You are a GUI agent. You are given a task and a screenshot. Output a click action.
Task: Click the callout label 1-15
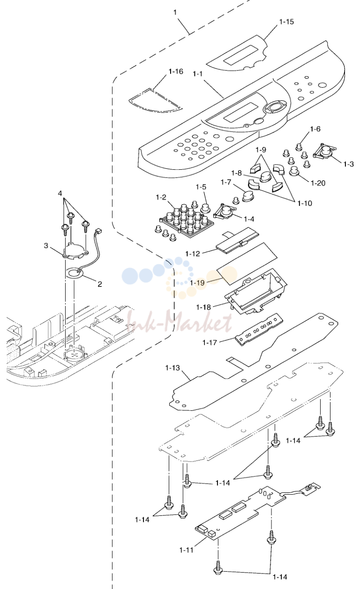pyautogui.click(x=286, y=22)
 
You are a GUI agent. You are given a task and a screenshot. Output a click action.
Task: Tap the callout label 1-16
pyautogui.click(x=176, y=71)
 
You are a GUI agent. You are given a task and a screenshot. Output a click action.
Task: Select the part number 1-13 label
pyautogui.click(x=172, y=368)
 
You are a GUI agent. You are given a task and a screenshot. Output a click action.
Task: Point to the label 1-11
pyautogui.click(x=186, y=550)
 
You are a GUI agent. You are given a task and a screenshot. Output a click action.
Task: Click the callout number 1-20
pyautogui.click(x=318, y=183)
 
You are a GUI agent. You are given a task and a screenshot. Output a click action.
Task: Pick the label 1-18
pyautogui.click(x=203, y=307)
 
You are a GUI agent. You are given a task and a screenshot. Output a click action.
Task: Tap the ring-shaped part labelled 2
pyautogui.click(x=75, y=273)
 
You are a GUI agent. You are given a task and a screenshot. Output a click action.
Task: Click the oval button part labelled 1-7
pyautogui.click(x=248, y=196)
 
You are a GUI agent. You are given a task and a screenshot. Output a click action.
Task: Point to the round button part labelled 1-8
pyautogui.click(x=266, y=176)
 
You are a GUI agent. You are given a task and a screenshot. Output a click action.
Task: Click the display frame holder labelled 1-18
pyautogui.click(x=255, y=291)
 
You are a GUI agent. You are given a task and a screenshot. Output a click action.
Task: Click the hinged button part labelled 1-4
pyautogui.click(x=225, y=211)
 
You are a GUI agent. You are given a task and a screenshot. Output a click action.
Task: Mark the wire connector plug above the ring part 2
pyautogui.click(x=98, y=232)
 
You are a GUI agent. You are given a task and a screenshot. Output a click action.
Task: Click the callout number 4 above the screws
pyautogui.click(x=60, y=193)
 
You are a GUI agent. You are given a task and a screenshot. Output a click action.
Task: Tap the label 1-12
pyautogui.click(x=192, y=254)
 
